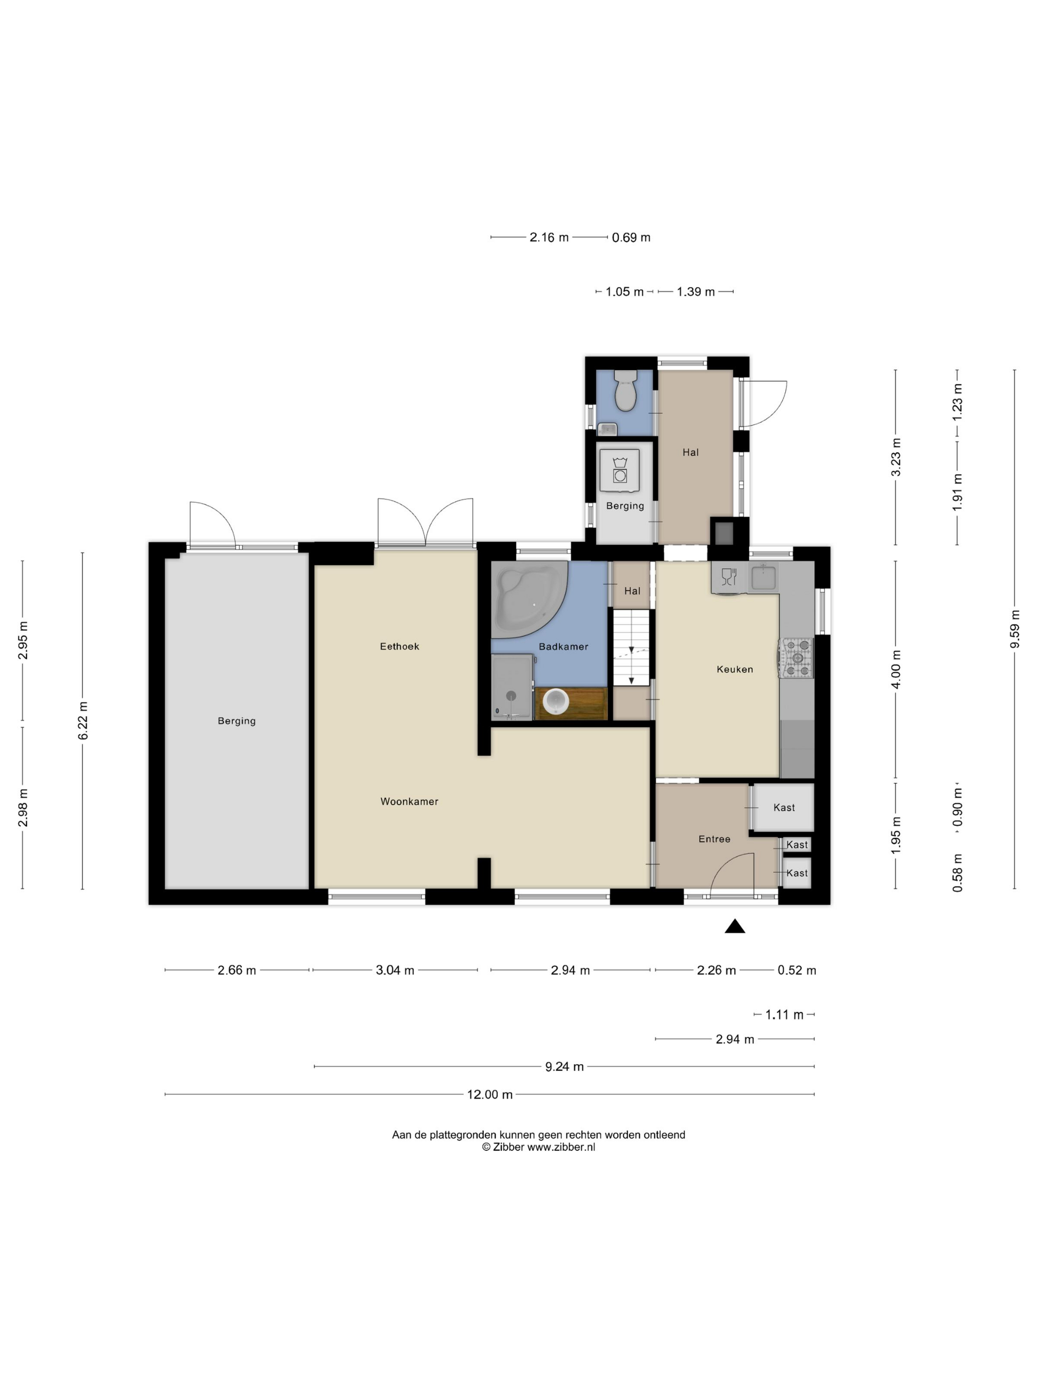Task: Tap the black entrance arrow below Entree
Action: (734, 926)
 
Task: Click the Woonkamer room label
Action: (409, 801)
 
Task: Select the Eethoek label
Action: (399, 646)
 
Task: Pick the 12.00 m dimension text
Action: (489, 1094)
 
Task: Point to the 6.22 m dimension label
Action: (82, 720)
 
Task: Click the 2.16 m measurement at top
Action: (549, 237)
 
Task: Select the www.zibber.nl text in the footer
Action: (560, 1147)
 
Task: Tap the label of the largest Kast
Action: (784, 807)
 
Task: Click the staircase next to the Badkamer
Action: (631, 648)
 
